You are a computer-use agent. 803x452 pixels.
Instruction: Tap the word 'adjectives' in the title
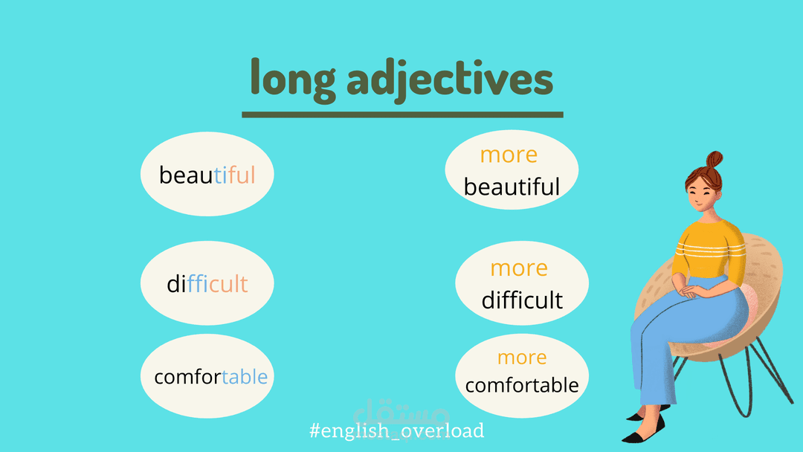[x=450, y=80]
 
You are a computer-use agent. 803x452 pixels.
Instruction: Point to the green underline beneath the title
[x=402, y=114]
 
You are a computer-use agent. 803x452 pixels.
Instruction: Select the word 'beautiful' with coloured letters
[x=207, y=175]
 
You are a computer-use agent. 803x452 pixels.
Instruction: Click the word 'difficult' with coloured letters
[x=207, y=283]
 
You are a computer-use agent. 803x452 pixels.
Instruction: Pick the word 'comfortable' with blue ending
[x=211, y=377]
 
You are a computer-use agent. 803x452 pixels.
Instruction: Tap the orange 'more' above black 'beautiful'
[x=509, y=155]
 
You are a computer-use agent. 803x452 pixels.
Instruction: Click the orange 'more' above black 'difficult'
[x=519, y=268]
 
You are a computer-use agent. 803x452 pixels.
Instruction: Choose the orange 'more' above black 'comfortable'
[x=522, y=358]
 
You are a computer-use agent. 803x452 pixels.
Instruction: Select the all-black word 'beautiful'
[x=512, y=187]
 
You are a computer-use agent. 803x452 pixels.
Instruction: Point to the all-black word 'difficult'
[x=522, y=300]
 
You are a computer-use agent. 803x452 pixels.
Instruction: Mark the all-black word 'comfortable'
[x=522, y=385]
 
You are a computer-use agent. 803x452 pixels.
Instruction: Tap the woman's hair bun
[x=715, y=159]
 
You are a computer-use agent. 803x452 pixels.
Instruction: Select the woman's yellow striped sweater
[x=710, y=249]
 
